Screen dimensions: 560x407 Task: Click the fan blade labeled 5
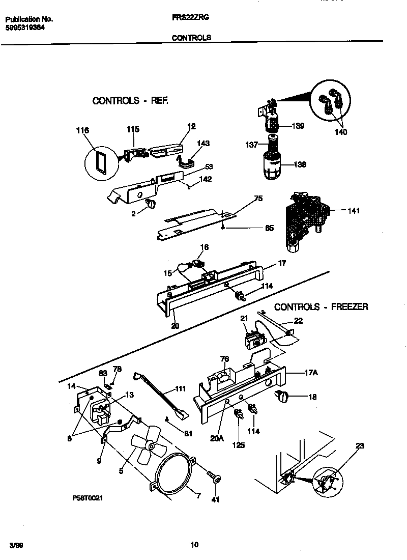148,447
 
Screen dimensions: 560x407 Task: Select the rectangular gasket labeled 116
101,162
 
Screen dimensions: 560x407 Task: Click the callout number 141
353,210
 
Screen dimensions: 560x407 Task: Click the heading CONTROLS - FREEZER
321,307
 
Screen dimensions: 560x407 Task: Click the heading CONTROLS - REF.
130,101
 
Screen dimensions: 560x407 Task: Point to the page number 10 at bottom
194,545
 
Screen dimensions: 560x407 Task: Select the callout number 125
238,445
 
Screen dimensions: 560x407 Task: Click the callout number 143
203,144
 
